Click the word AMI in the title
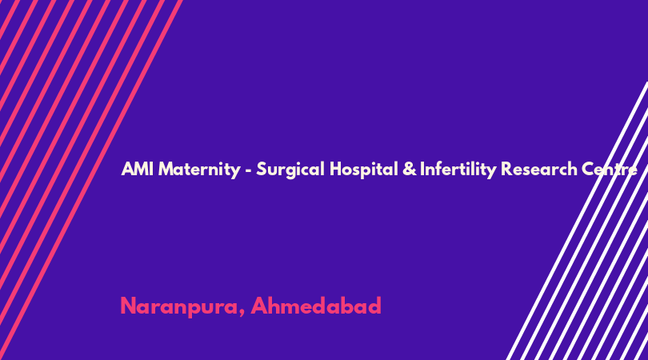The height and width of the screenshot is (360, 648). [x=138, y=169]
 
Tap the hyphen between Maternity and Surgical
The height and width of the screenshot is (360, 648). [x=248, y=170]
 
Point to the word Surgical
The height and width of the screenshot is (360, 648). [x=290, y=170]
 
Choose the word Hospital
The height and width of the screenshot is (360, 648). [x=364, y=170]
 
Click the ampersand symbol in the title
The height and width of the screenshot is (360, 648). [x=409, y=169]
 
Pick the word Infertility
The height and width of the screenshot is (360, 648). [x=458, y=170]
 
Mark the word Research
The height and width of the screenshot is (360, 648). [x=538, y=169]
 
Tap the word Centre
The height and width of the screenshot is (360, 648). [x=609, y=169]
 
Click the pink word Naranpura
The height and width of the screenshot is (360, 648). [x=179, y=307]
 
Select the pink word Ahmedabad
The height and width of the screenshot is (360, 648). [x=316, y=306]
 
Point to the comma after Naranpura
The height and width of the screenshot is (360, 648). [x=242, y=314]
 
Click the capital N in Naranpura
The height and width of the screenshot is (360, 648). [x=129, y=306]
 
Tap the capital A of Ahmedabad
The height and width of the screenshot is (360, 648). [x=260, y=306]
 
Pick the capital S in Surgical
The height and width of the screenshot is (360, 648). [x=262, y=169]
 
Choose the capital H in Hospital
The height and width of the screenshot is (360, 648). [x=336, y=169]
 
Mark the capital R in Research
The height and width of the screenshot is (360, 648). [x=507, y=169]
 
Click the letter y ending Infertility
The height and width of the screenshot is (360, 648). [x=491, y=172]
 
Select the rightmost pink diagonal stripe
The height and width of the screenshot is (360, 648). [x=91, y=179]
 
